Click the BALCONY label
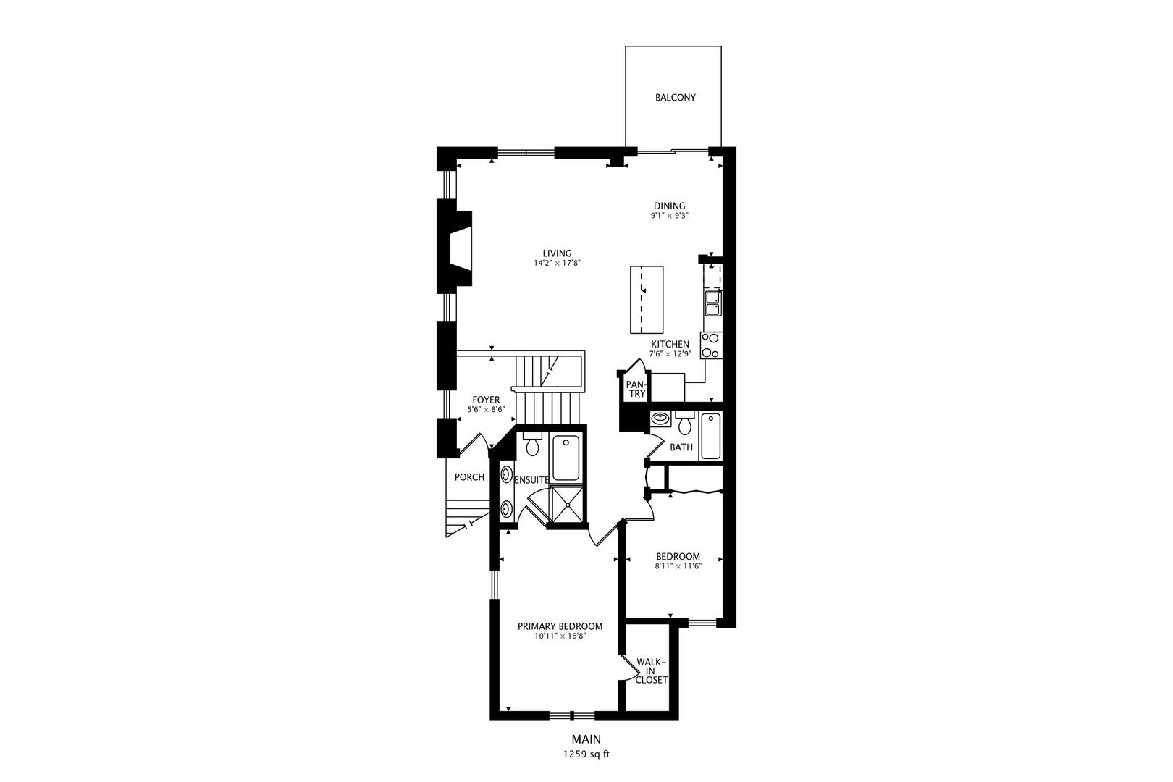pos(675,97)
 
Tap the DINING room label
pos(669,206)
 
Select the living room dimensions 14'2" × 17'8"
pos(558,264)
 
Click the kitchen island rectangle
pos(647,298)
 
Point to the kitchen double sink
pos(712,303)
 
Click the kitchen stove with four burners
pos(711,345)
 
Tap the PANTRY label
pos(636,389)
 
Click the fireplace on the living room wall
pos(458,252)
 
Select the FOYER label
pos(486,400)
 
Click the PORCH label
pos(469,477)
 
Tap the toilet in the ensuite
pos(533,445)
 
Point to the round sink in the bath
pos(660,419)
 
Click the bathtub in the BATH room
pos(711,436)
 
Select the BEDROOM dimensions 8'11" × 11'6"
pos(678,566)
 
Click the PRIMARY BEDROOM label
pos(560,626)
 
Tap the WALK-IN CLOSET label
pos(650,670)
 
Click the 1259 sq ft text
pos(586,754)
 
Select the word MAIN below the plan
pos(586,739)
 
